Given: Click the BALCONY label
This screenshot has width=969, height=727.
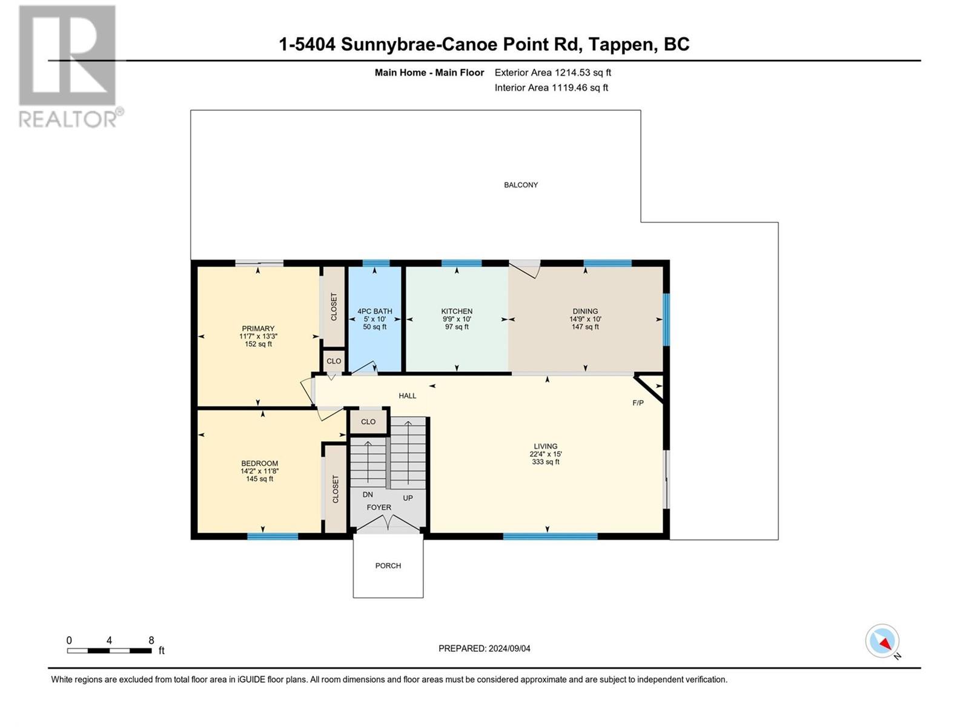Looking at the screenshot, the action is coord(520,185).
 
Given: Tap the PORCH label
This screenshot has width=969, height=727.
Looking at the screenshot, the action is coord(388,565).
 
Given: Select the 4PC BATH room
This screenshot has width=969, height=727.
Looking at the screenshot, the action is coord(375,319).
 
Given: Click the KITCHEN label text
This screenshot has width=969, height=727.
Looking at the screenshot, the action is coord(457,311).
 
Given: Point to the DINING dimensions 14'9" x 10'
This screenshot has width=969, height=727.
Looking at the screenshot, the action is coord(586,319).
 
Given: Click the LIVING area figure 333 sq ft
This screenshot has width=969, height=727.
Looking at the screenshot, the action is coord(546,462).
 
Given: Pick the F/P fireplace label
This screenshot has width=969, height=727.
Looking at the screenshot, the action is coord(638,402).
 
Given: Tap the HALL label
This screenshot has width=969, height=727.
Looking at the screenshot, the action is coord(408,396).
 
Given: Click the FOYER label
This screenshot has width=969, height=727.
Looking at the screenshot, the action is coord(379,507).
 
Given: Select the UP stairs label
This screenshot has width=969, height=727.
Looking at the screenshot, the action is coord(408,498).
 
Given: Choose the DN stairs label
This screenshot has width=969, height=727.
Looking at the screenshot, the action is coord(368,495).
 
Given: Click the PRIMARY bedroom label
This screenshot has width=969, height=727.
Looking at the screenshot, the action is coord(258,328).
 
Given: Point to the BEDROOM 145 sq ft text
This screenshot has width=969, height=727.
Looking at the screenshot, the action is coord(260,479).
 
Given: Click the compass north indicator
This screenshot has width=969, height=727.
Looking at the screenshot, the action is coord(882,641).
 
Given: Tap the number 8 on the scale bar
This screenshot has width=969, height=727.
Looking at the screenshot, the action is coord(151,640).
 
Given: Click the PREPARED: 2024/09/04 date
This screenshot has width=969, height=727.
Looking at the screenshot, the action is coord(484,648).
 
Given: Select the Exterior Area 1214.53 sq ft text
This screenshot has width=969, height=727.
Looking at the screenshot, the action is coord(553,72).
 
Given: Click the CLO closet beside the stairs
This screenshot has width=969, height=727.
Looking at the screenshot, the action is coord(368,422).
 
